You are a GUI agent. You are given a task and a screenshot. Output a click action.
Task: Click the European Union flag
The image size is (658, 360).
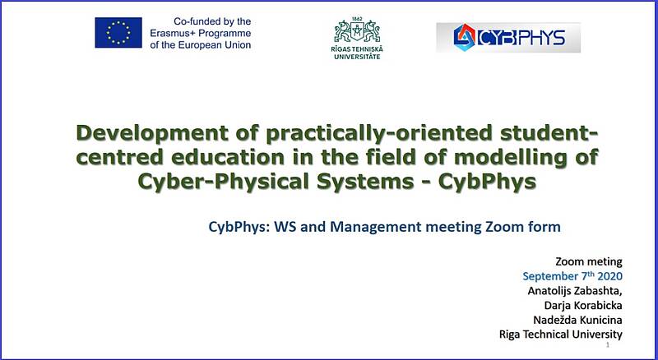118,33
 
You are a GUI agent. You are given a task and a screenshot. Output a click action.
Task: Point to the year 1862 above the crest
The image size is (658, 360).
358,19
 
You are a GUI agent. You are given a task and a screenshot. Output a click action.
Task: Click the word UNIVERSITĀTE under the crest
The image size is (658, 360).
357,56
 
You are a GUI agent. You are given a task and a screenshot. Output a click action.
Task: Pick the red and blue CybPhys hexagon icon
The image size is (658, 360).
465,37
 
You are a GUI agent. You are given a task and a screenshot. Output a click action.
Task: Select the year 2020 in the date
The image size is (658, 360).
609,276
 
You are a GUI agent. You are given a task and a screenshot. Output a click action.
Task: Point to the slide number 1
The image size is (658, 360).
608,345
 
